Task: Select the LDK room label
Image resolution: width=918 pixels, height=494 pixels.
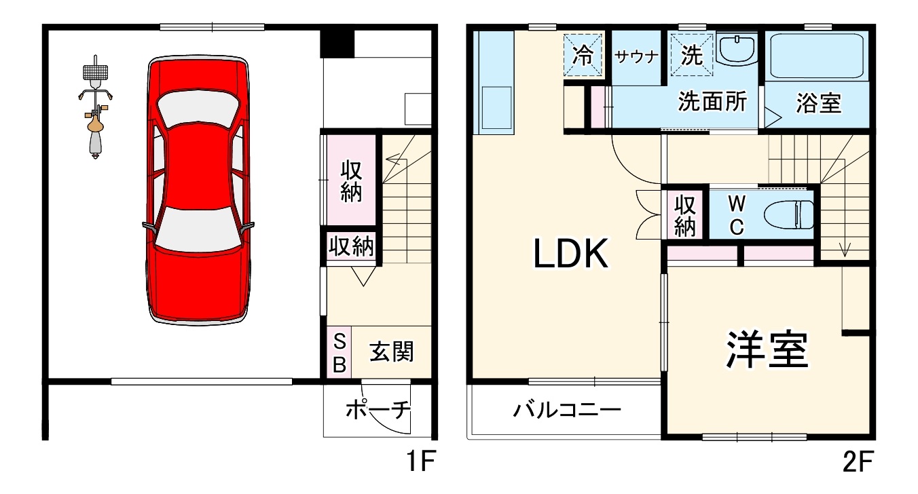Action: coord(570,254)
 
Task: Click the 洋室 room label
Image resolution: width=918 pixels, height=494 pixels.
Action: coord(767,349)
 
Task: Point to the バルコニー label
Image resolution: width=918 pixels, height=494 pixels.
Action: coord(567,410)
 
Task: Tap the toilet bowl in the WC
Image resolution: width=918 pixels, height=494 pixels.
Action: coord(788,215)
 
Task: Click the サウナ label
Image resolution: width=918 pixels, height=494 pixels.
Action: coord(637,57)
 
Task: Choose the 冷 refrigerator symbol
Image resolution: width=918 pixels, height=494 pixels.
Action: coord(583,56)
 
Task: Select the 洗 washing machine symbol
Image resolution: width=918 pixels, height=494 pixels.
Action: coord(691,56)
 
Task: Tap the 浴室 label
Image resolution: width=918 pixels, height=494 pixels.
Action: coord(819,103)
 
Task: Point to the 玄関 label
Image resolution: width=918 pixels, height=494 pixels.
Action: coord(391,352)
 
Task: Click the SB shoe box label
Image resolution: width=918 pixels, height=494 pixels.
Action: coord(339,352)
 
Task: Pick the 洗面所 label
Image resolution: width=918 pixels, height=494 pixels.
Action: coord(712,102)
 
